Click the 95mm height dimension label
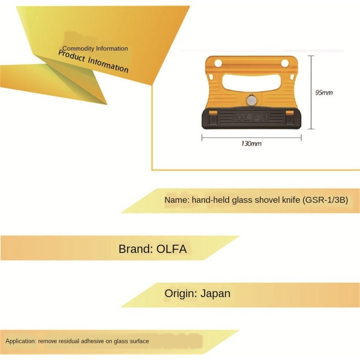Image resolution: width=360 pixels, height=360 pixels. pyautogui.click(x=324, y=93)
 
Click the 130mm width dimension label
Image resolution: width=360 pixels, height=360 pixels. pyautogui.click(x=251, y=144)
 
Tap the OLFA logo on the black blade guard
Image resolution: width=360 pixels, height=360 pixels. pyautogui.click(x=251, y=118)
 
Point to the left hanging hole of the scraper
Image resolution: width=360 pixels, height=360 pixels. pyautogui.click(x=218, y=63)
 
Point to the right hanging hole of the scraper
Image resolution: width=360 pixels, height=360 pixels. pyautogui.click(x=285, y=63)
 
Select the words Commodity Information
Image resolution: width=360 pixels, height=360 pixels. pyautogui.click(x=95, y=49)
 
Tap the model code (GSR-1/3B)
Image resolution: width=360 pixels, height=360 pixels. pyautogui.click(x=325, y=200)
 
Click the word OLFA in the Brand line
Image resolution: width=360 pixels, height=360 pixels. pyautogui.click(x=171, y=249)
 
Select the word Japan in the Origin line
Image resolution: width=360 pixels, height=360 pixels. pyautogui.click(x=215, y=293)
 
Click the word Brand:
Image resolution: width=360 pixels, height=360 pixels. pyautogui.click(x=135, y=249)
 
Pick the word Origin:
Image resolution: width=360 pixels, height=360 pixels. pyautogui.click(x=181, y=293)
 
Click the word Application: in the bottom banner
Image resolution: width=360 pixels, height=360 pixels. pyautogui.click(x=21, y=341)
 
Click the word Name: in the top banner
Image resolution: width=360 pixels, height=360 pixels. pyautogui.click(x=177, y=200)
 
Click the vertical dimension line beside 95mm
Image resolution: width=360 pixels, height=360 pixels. pyautogui.click(x=311, y=92)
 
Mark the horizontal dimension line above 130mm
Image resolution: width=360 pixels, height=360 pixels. pyautogui.click(x=251, y=136)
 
